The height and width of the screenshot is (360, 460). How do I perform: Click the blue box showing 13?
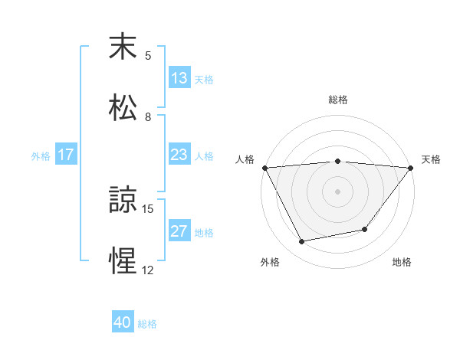(x=179, y=78)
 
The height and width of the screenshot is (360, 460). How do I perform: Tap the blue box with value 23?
(x=179, y=155)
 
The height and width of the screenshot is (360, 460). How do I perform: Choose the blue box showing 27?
(x=179, y=231)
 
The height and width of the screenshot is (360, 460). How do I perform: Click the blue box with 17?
(x=66, y=155)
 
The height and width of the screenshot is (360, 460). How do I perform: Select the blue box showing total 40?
(x=123, y=323)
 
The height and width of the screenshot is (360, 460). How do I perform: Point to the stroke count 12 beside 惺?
(x=148, y=270)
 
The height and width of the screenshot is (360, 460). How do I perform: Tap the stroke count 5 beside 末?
(x=148, y=56)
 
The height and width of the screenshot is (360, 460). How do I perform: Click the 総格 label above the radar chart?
(x=338, y=100)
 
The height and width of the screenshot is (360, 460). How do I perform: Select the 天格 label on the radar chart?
(x=431, y=159)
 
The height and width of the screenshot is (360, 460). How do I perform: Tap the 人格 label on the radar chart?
(x=245, y=159)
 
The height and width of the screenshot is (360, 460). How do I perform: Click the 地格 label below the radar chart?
(x=402, y=262)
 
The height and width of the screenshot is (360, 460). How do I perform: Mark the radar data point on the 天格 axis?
(x=411, y=168)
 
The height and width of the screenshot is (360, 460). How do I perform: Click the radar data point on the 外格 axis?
(x=302, y=242)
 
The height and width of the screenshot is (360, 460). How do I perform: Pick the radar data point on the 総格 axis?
(x=338, y=161)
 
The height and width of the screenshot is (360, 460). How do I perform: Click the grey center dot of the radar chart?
(x=338, y=191)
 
